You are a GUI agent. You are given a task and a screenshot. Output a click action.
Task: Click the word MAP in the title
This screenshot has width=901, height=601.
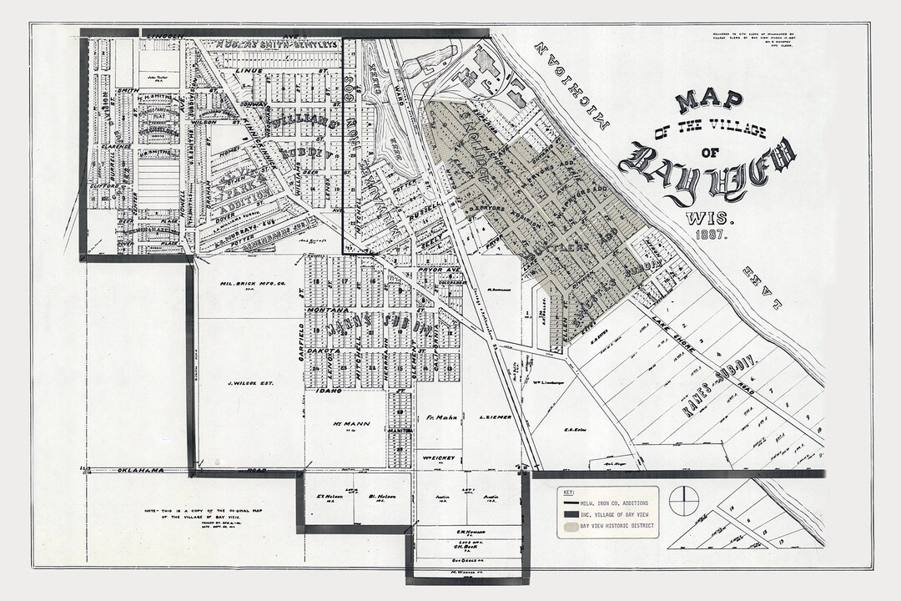tap(709, 101)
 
